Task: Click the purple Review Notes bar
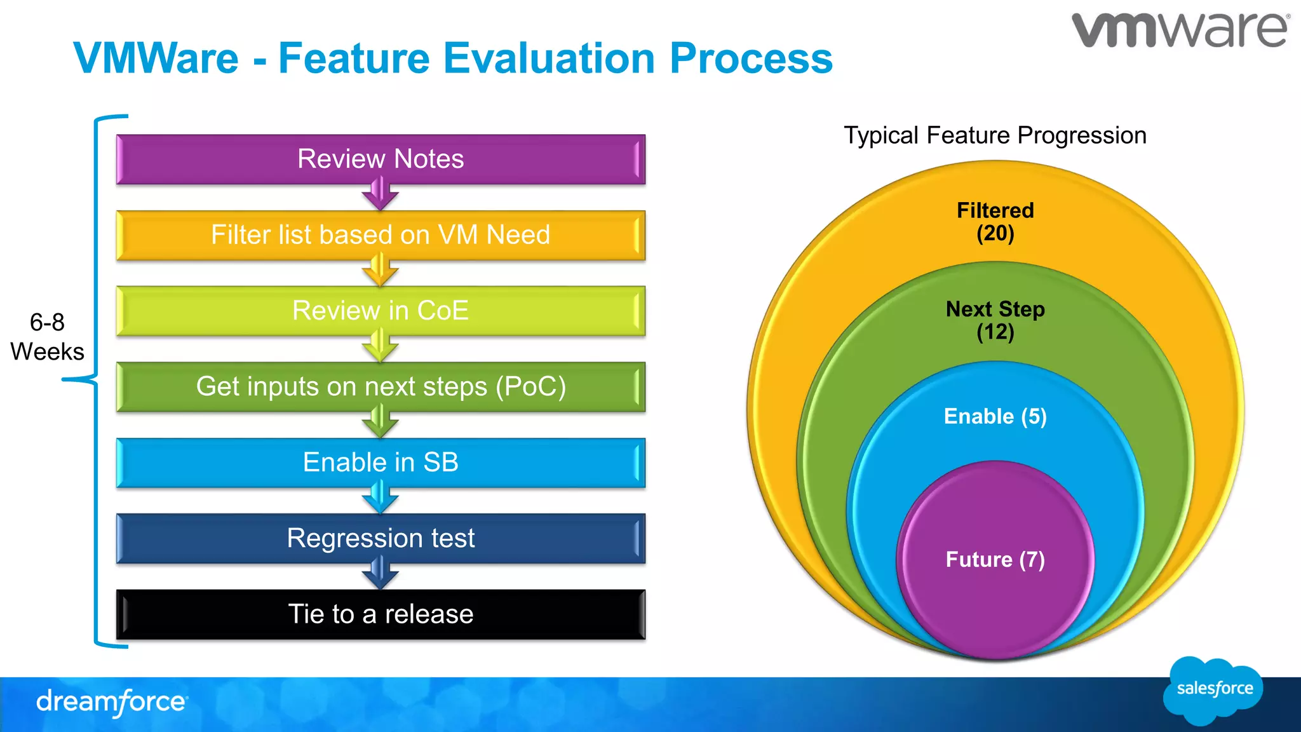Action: pos(381,159)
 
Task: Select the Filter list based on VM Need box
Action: pos(381,235)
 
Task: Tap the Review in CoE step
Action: pos(381,311)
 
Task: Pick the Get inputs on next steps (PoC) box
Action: pos(381,386)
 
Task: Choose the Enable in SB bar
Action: pos(381,462)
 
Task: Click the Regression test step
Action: pos(381,538)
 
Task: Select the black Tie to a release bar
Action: pos(381,614)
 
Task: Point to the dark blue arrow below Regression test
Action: pos(380,573)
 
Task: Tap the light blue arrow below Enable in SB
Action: pos(380,498)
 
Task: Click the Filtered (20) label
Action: pos(995,222)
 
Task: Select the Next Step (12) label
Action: pos(995,320)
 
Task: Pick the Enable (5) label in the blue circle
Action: pos(995,416)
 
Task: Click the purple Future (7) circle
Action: pos(995,559)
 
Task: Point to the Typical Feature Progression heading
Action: pos(995,135)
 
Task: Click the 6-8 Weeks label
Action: pos(47,337)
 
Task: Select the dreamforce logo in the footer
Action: pos(112,702)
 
